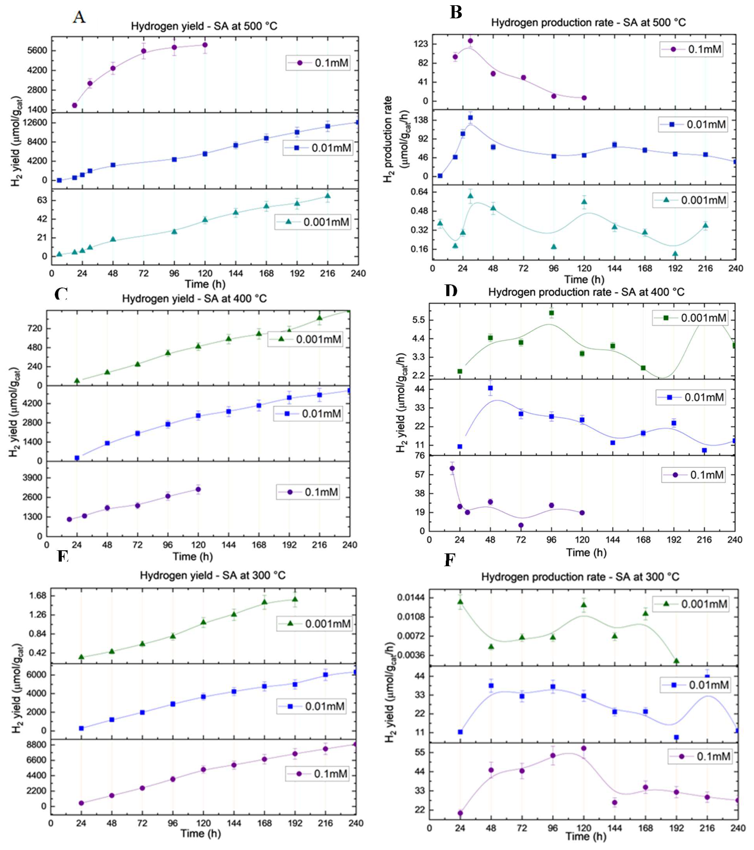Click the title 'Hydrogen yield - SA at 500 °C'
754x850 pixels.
click(204, 26)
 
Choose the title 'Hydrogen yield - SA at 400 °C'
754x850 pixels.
click(194, 299)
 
